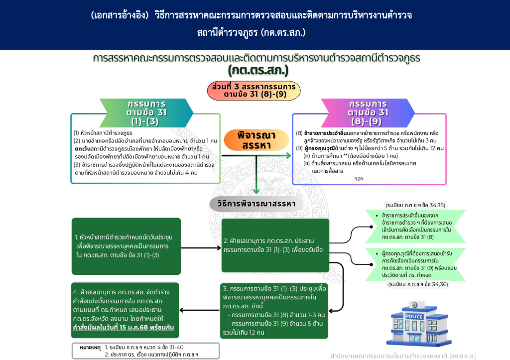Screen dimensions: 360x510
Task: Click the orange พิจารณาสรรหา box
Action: (x=256, y=140)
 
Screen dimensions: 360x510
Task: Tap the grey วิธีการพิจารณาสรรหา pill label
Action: (x=256, y=204)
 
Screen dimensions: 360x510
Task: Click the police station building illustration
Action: (x=414, y=323)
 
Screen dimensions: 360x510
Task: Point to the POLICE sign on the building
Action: (x=414, y=317)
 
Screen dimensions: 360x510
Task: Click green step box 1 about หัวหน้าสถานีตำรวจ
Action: (x=126, y=246)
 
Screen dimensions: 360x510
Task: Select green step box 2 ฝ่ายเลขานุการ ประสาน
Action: (x=275, y=245)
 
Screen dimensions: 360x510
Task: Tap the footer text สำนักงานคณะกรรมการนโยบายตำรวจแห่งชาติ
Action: (x=403, y=356)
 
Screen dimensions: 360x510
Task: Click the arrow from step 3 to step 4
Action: (x=199, y=311)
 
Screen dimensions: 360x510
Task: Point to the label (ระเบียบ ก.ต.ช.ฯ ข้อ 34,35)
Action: (x=415, y=205)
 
